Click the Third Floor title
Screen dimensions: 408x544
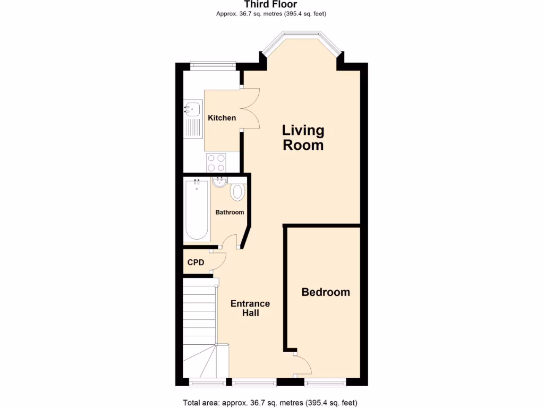pyautogui.click(x=271, y=5)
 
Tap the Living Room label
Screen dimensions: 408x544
pyautogui.click(x=303, y=138)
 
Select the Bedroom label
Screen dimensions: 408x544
pyautogui.click(x=326, y=292)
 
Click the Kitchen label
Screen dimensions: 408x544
pyautogui.click(x=222, y=117)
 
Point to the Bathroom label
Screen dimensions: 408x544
pyautogui.click(x=229, y=212)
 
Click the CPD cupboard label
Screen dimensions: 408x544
pyautogui.click(x=195, y=262)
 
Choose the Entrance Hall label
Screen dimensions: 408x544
pyautogui.click(x=250, y=308)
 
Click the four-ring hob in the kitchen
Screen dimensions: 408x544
pyautogui.click(x=216, y=162)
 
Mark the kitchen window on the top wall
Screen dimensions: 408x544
pyautogui.click(x=212, y=65)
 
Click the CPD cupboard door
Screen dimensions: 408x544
pyautogui.click(x=219, y=261)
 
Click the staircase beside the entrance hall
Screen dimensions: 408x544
pyautogui.click(x=199, y=329)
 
